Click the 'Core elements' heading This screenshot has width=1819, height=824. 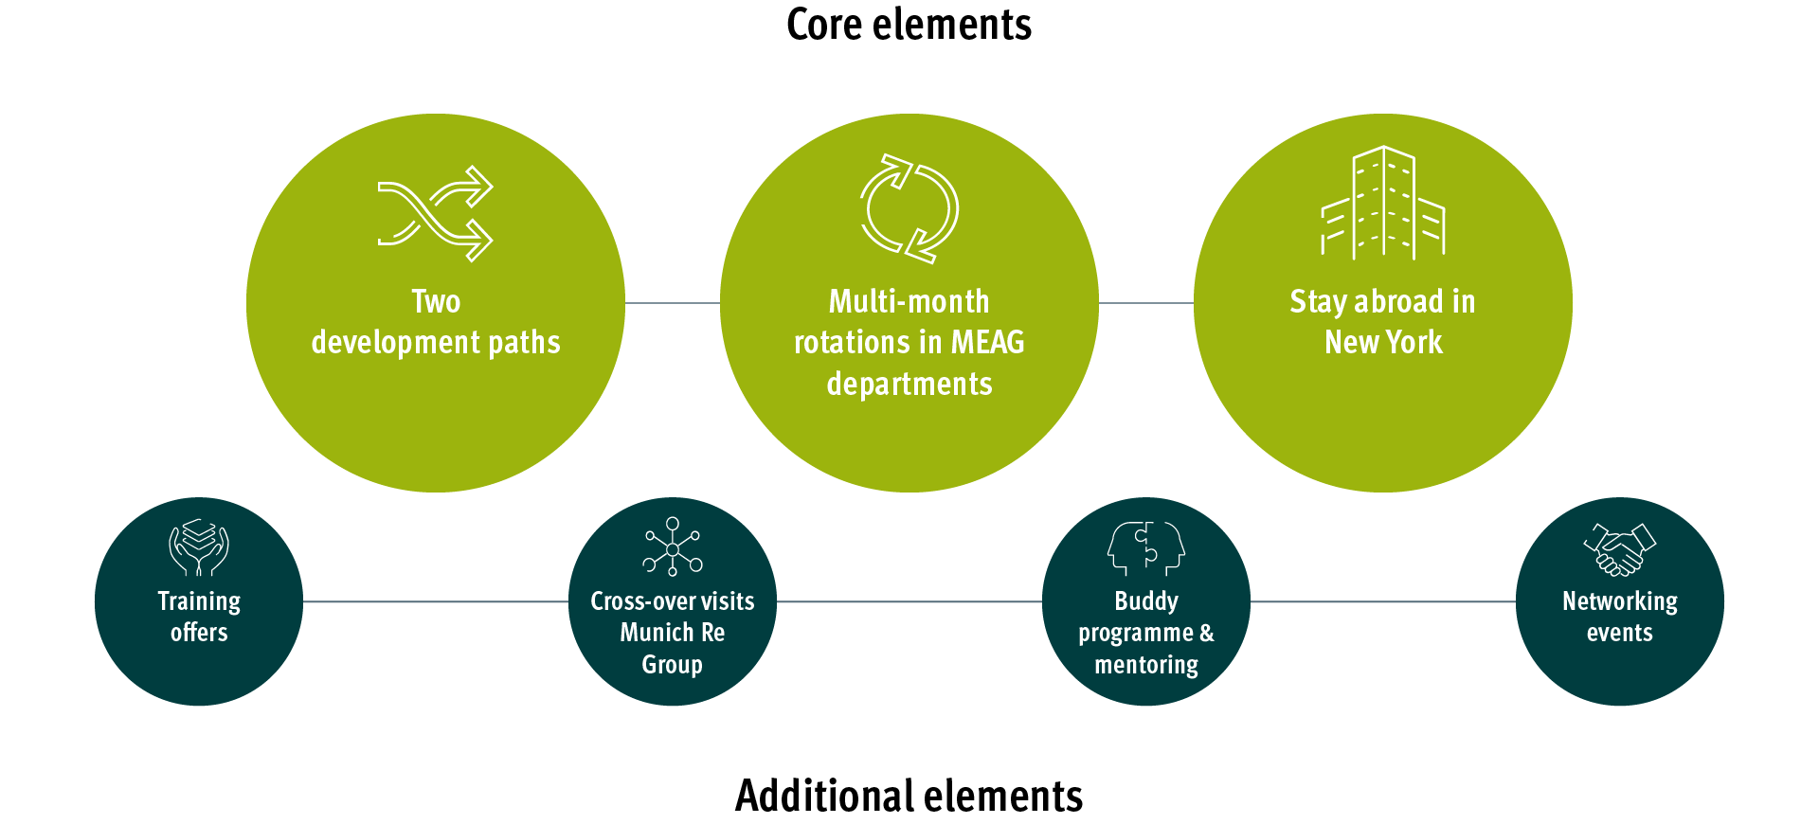pyautogui.click(x=909, y=25)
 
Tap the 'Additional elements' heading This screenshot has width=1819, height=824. pyautogui.click(x=909, y=796)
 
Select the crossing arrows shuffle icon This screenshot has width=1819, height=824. pyautogui.click(x=435, y=214)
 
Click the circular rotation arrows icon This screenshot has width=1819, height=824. pyautogui.click(x=909, y=208)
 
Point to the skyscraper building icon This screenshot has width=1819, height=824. pyautogui.click(x=1383, y=203)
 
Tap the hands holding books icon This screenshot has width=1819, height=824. pyautogui.click(x=199, y=546)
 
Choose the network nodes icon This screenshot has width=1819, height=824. pyautogui.click(x=673, y=546)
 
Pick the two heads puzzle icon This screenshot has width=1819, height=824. pyautogui.click(x=1146, y=547)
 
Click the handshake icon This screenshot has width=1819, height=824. pyautogui.click(x=1619, y=549)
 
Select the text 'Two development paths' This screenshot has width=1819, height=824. pyautogui.click(x=436, y=322)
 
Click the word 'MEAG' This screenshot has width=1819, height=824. pyautogui.click(x=987, y=342)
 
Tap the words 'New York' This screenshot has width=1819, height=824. pyautogui.click(x=1383, y=342)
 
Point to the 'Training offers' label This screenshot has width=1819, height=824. pyautogui.click(x=199, y=617)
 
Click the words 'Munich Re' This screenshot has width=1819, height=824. pyautogui.click(x=673, y=633)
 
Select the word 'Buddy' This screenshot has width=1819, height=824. pyautogui.click(x=1146, y=601)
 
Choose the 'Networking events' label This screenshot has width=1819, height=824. pyautogui.click(x=1619, y=617)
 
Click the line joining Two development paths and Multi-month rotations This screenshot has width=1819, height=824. pyautogui.click(x=673, y=303)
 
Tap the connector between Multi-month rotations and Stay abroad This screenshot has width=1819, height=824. pyautogui.click(x=1146, y=303)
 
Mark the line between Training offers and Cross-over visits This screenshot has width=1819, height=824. pyautogui.click(x=436, y=601)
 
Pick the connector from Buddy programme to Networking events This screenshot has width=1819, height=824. pyautogui.click(x=1383, y=601)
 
